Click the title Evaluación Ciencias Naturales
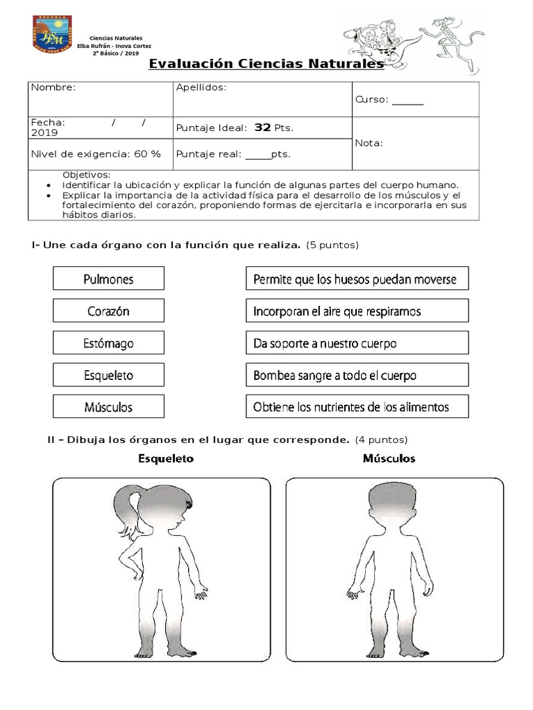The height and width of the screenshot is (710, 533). tap(266, 64)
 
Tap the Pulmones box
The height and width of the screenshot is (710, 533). tap(108, 279)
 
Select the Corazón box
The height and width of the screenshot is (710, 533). tap(108, 311)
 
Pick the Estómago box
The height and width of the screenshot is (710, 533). tap(108, 343)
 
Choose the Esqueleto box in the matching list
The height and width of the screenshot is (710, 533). tap(108, 374)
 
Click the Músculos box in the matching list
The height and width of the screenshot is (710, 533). tap(108, 406)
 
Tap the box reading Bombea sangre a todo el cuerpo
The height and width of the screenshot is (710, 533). tap(357, 374)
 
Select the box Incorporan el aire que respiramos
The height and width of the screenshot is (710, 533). tap(357, 311)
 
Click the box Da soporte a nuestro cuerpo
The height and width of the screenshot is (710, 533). tap(357, 343)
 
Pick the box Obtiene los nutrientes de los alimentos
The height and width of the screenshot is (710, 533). tap(357, 406)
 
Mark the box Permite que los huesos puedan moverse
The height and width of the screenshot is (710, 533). tap(357, 279)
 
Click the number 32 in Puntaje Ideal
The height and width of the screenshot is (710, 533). tap(262, 128)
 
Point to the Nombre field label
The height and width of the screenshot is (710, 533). tap(53, 87)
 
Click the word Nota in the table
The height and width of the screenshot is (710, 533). tap(369, 143)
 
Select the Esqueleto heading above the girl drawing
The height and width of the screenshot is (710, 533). tap(166, 458)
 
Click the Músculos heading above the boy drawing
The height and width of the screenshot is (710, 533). tap(389, 458)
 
